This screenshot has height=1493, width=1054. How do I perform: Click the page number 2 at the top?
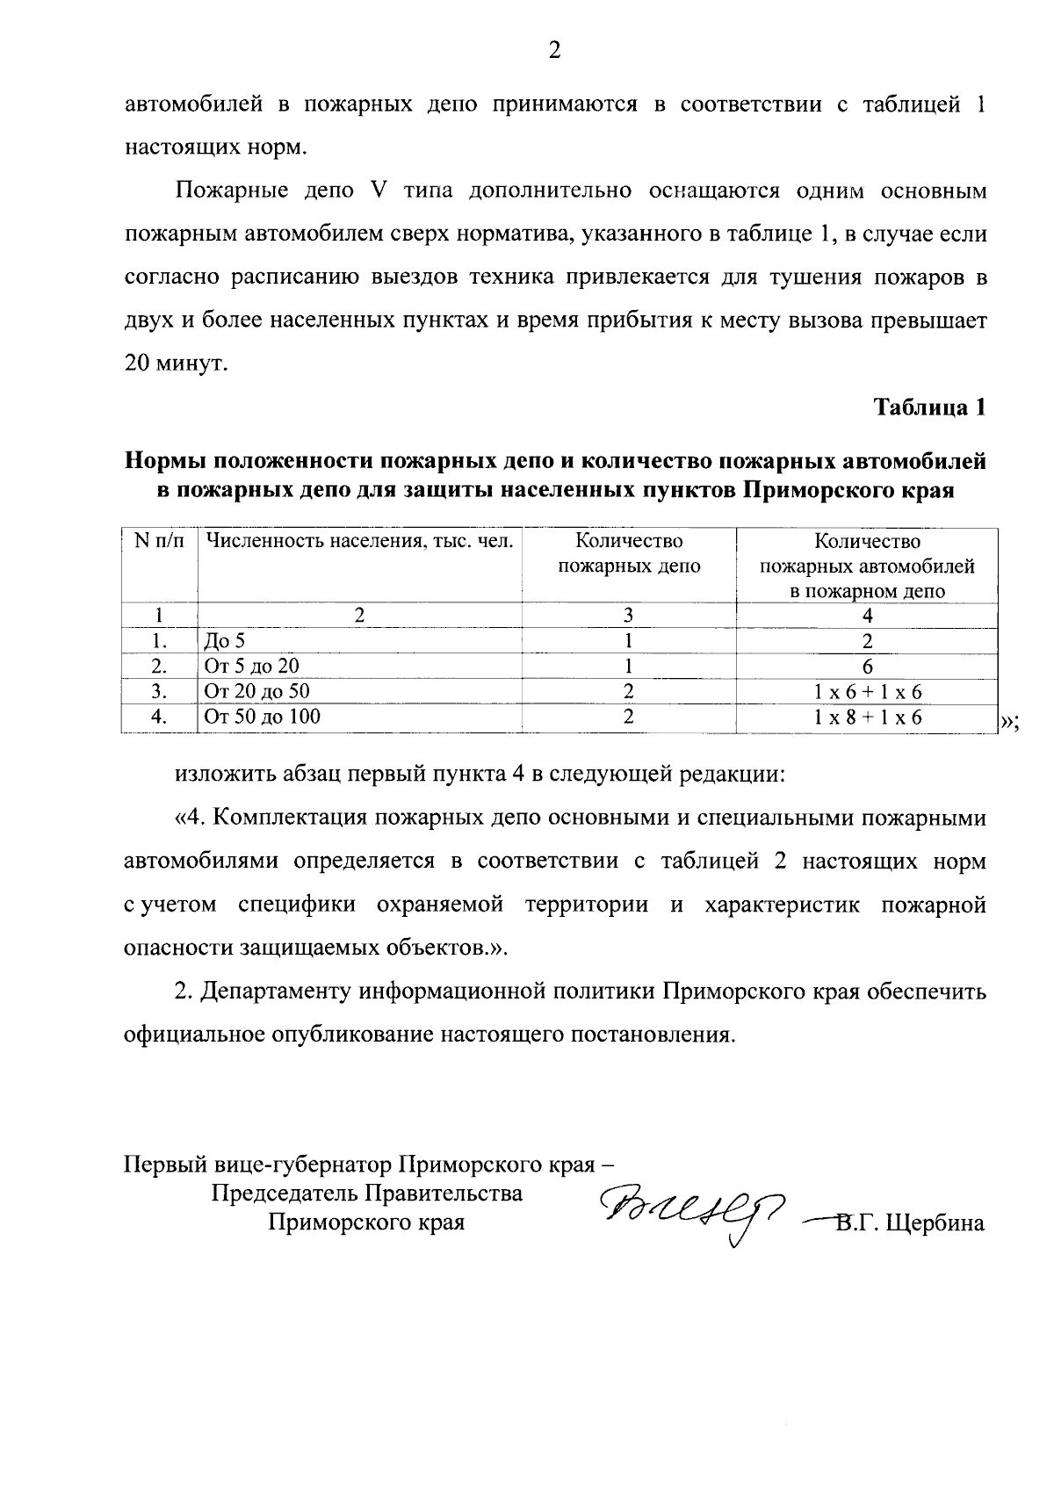pos(553,51)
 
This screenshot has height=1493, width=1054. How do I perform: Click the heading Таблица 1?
pos(929,408)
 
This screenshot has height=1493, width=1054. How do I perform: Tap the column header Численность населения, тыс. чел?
pos(358,542)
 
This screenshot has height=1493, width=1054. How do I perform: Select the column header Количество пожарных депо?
pos(629,553)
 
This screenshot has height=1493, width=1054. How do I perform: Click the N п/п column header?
pos(159,542)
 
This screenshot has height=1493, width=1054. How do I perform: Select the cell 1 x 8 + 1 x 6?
pos(867,718)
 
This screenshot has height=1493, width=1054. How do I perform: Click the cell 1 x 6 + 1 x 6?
pos(867,692)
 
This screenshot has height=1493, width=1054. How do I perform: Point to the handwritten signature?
pos(694,1208)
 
